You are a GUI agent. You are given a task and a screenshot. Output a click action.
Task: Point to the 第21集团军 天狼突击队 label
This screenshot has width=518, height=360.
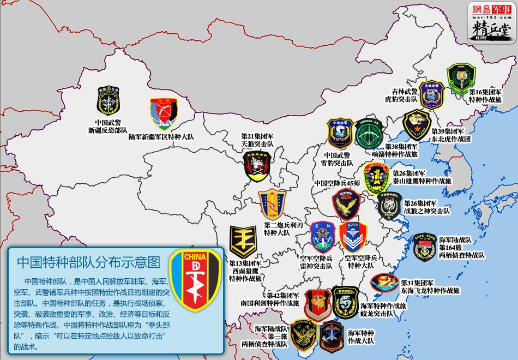(x=257, y=140)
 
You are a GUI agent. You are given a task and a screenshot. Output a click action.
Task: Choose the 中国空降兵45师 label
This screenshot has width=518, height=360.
(x=337, y=183)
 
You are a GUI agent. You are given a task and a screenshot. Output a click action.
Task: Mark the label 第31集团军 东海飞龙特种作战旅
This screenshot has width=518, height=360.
(x=430, y=287)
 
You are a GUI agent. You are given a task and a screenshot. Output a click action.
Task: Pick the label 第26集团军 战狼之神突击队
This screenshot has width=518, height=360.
(x=427, y=207)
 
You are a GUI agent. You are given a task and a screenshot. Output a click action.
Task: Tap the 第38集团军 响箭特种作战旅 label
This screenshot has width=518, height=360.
(x=401, y=150)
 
